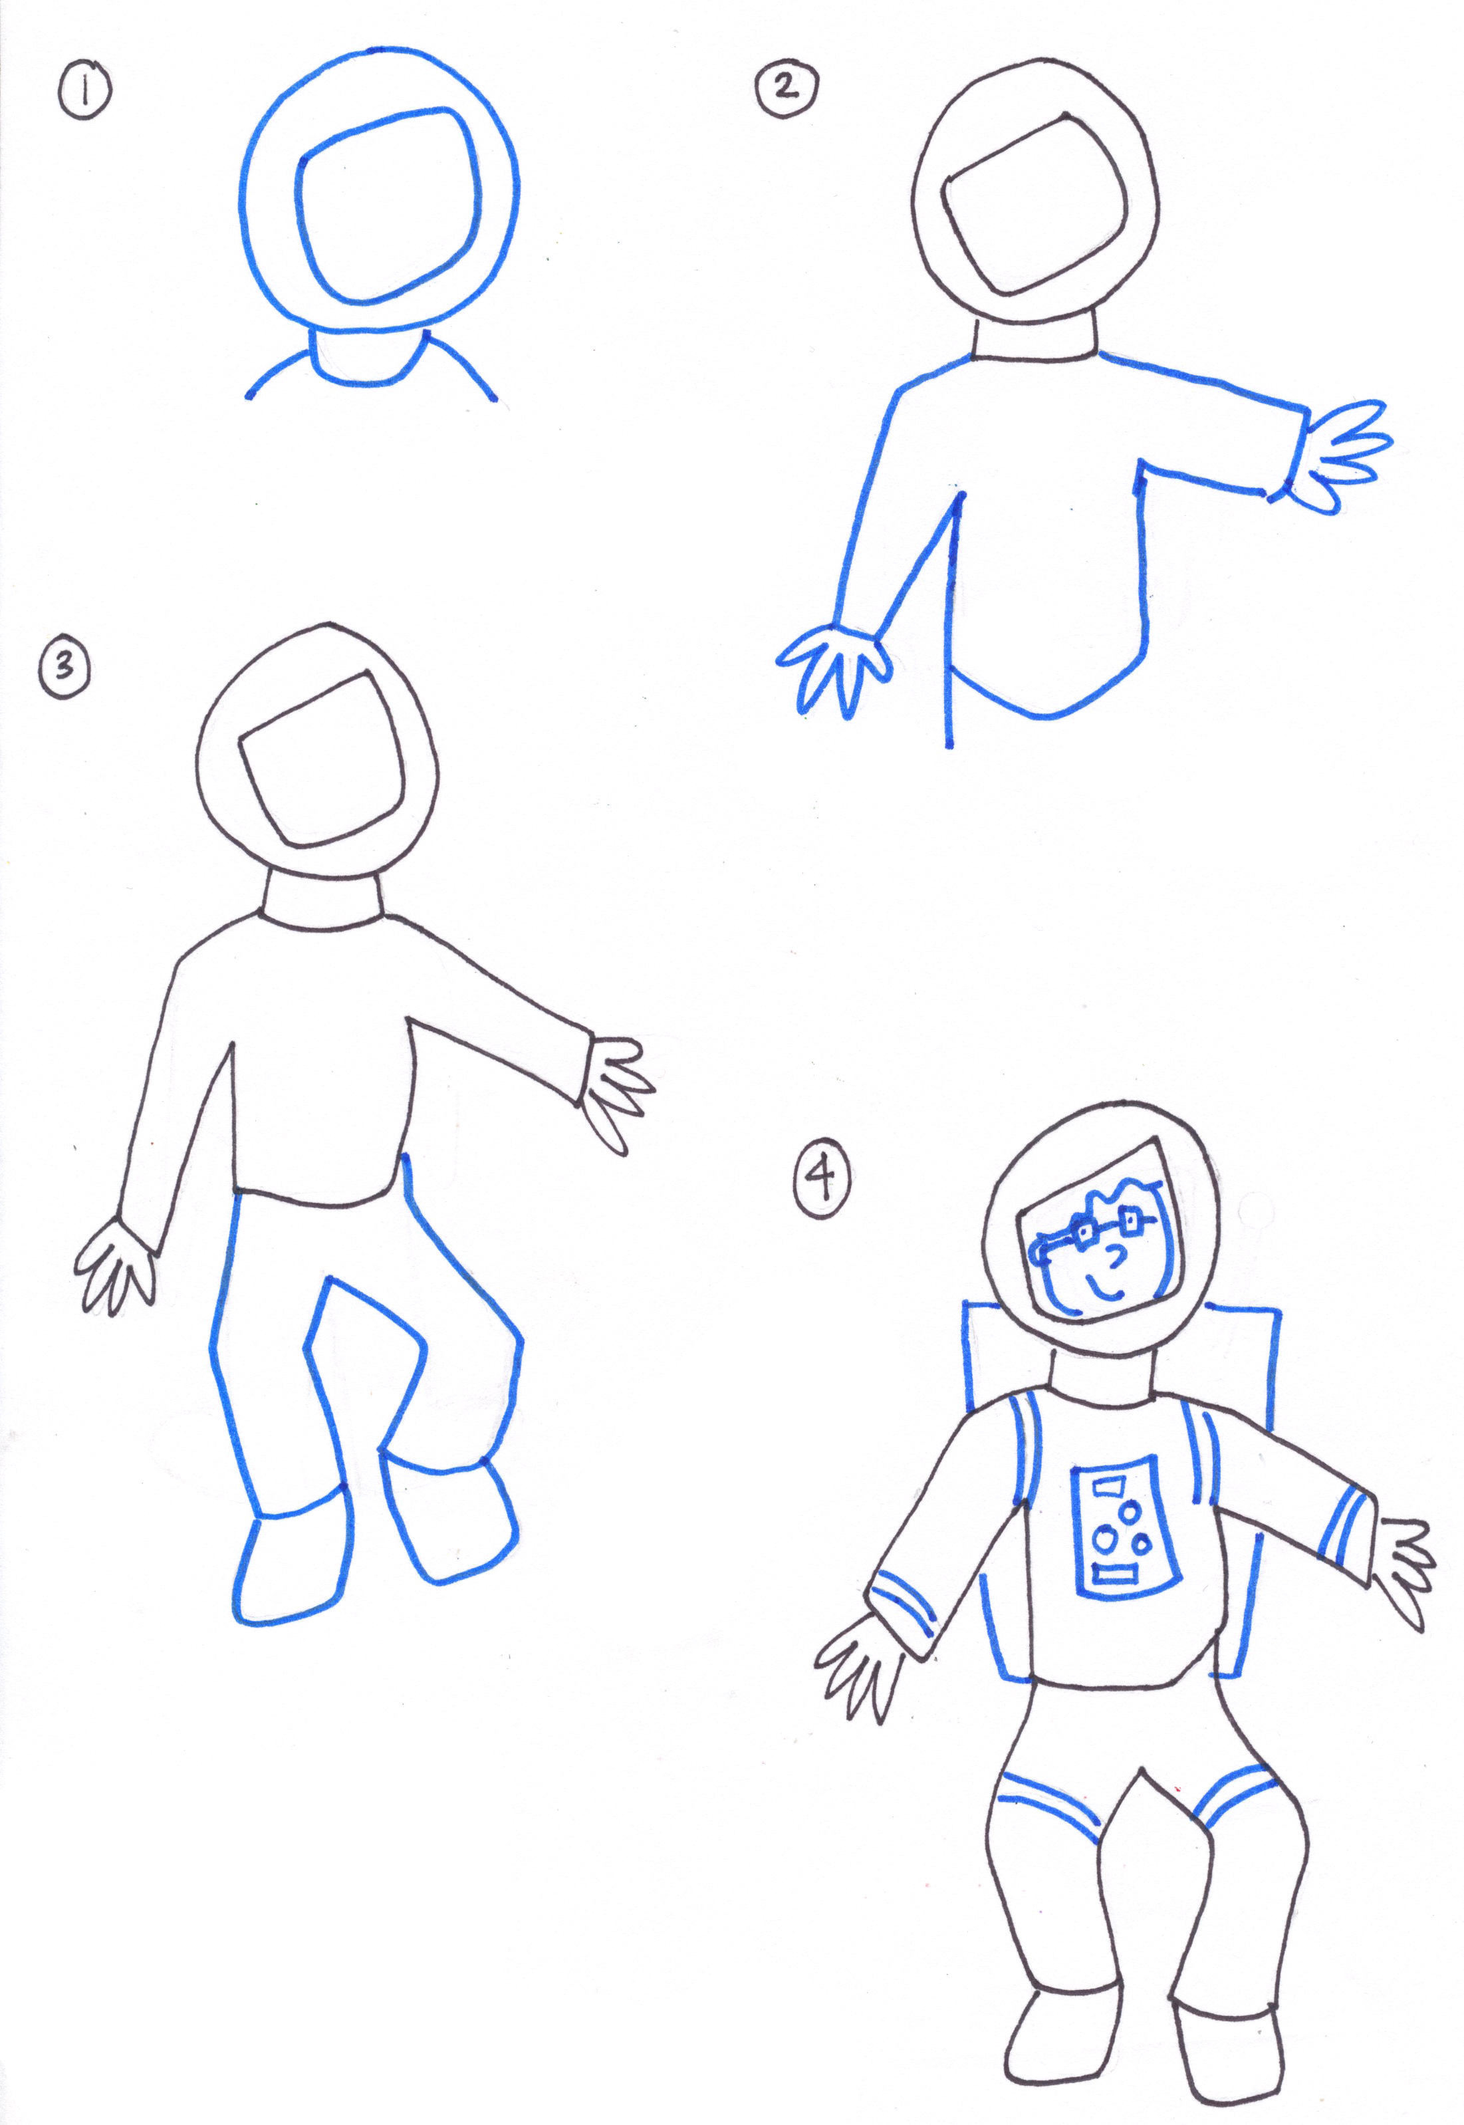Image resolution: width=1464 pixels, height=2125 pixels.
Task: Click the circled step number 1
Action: (x=84, y=94)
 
